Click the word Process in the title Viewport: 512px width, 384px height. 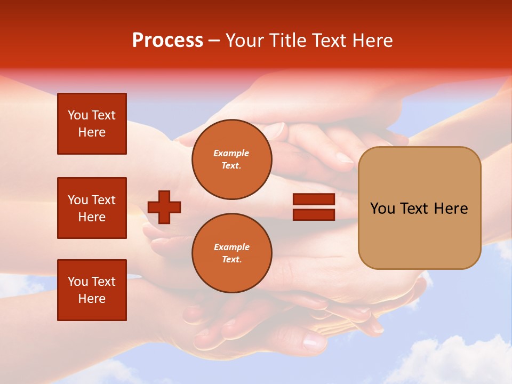pos(167,41)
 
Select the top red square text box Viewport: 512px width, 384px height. pos(92,124)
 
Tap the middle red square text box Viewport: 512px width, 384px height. pos(92,208)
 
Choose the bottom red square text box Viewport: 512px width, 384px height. pos(92,290)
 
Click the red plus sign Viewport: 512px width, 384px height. pos(164,207)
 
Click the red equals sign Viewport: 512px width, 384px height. pos(314,207)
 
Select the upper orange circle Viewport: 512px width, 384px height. pos(232,159)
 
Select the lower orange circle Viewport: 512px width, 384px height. pos(232,253)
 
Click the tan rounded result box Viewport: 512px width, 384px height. pos(419,207)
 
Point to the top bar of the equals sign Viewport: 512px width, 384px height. pos(314,199)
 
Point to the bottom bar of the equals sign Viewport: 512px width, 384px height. pos(314,214)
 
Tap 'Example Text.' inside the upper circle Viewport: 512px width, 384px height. pos(231,159)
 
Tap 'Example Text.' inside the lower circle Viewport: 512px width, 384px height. pos(231,253)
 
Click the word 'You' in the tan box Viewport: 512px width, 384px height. pos(383,209)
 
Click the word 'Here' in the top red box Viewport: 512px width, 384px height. pos(92,132)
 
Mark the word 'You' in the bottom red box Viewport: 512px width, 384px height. pos(78,282)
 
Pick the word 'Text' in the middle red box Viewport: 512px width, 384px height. pos(104,200)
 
